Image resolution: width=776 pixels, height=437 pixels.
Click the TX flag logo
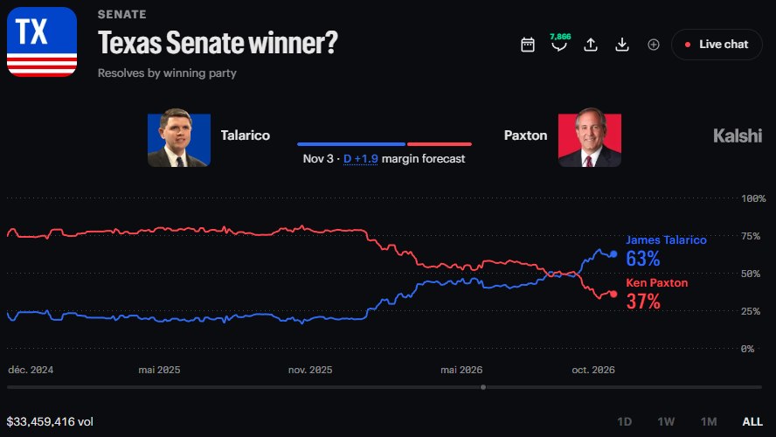click(x=42, y=42)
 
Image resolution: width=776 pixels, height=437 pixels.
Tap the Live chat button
click(x=717, y=45)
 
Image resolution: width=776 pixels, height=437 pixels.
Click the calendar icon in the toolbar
click(x=528, y=45)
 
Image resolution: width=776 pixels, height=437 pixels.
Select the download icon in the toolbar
click(x=622, y=45)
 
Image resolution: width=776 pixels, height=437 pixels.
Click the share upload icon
click(x=591, y=45)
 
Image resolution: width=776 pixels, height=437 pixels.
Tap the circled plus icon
click(x=654, y=45)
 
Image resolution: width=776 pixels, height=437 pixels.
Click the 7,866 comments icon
click(x=559, y=43)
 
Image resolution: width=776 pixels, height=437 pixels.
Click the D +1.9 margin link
click(x=360, y=159)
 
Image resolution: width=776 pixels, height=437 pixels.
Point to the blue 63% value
click(x=643, y=259)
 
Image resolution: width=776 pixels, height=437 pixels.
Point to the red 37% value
click(x=643, y=301)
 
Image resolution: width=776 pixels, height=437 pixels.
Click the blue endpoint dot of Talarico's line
click(x=613, y=253)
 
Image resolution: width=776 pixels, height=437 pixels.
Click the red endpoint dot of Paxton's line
click(x=613, y=294)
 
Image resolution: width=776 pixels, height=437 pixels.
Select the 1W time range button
click(x=666, y=421)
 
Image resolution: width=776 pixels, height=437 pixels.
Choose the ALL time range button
click(x=752, y=421)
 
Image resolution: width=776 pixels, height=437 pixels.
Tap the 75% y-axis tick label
click(x=751, y=236)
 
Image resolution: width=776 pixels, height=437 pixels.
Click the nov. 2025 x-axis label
click(x=310, y=370)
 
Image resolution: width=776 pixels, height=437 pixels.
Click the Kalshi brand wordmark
click(x=738, y=135)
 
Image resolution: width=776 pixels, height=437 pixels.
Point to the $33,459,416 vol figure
click(x=50, y=421)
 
